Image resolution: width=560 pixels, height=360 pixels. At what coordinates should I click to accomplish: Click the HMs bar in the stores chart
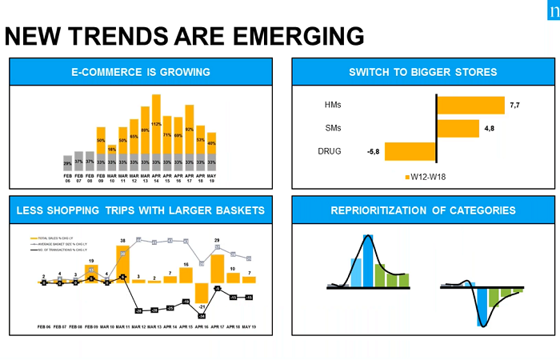470,106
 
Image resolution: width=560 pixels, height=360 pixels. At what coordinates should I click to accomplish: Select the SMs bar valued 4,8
458,128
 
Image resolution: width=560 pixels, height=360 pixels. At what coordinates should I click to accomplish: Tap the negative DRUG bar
413,150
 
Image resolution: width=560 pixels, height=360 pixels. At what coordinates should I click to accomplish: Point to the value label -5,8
374,150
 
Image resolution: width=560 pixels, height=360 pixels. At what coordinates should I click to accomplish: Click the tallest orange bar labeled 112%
156,123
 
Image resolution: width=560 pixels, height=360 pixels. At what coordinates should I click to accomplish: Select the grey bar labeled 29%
67,162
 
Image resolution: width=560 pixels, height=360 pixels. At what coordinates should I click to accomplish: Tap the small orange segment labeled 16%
112,150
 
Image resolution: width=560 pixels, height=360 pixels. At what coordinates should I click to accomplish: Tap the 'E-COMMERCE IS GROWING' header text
140,73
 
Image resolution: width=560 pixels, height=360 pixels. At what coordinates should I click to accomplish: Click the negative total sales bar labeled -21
201,293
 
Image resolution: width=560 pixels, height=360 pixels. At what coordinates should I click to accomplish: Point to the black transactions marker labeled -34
201,316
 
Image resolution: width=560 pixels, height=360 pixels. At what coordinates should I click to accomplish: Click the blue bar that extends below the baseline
482,305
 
